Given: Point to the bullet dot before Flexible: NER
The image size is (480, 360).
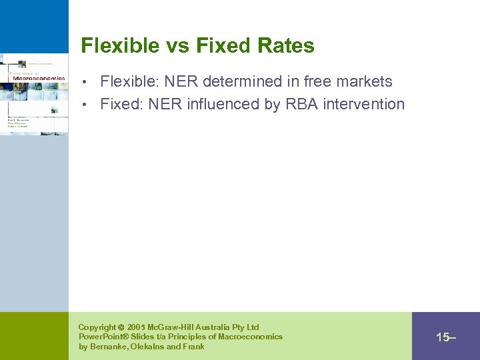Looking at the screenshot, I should [92, 83].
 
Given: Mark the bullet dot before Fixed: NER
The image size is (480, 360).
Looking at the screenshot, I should [92, 105].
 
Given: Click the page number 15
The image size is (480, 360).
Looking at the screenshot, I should [443, 337].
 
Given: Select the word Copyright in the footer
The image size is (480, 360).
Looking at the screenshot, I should [96, 327].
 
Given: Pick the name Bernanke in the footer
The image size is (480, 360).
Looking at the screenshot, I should [109, 347].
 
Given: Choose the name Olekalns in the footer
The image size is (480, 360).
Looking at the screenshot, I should [151, 347].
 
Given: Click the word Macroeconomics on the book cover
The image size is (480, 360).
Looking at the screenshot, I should [38, 78].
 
